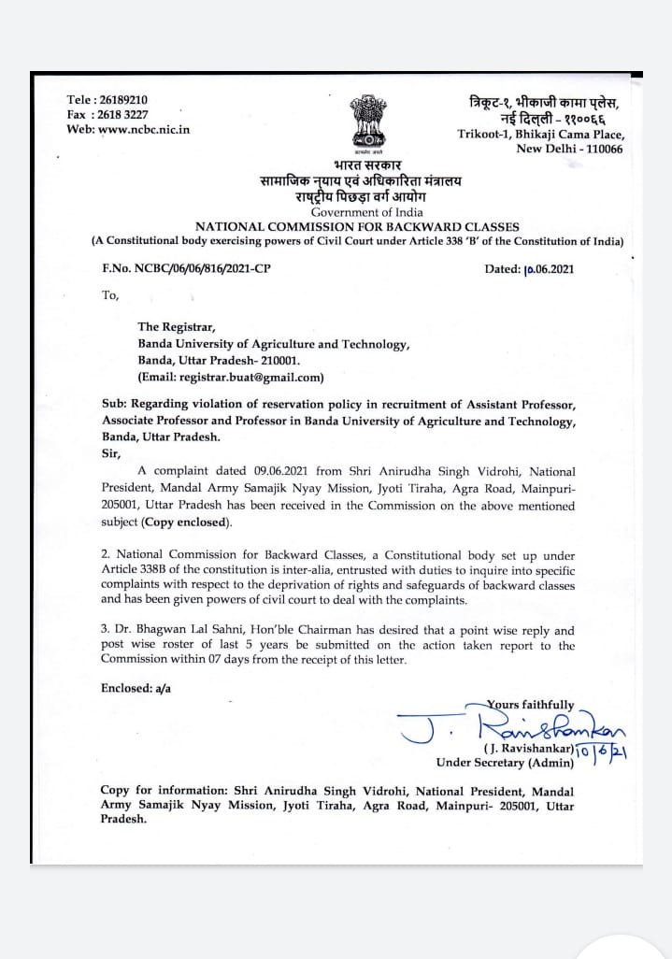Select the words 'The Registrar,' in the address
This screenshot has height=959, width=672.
click(x=177, y=327)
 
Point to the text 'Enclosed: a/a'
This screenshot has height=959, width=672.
click(x=136, y=688)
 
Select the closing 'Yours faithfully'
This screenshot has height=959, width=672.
click(x=531, y=704)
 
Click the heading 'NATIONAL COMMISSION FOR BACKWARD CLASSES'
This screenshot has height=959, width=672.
click(x=357, y=227)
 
